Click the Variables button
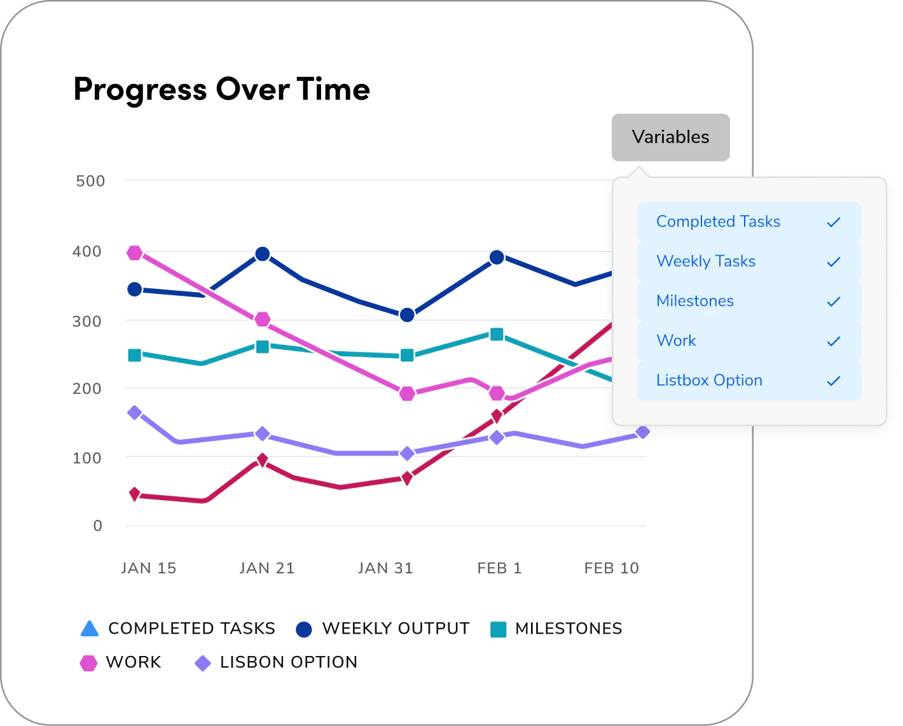click(x=670, y=137)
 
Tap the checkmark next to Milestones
click(x=833, y=302)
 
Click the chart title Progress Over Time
click(x=221, y=89)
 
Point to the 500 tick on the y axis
click(x=90, y=181)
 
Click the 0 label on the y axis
click(x=97, y=526)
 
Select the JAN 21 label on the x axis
click(x=267, y=568)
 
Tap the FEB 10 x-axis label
click(x=611, y=568)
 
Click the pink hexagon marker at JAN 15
click(x=135, y=253)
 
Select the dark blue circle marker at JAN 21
click(x=262, y=255)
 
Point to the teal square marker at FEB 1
click(x=497, y=334)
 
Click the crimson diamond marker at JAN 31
click(x=407, y=478)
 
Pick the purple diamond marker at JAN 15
click(x=135, y=413)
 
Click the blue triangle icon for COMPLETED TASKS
click(x=90, y=629)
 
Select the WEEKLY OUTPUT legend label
click(x=396, y=629)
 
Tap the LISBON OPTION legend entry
click(x=288, y=662)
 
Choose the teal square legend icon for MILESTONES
click(x=499, y=629)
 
